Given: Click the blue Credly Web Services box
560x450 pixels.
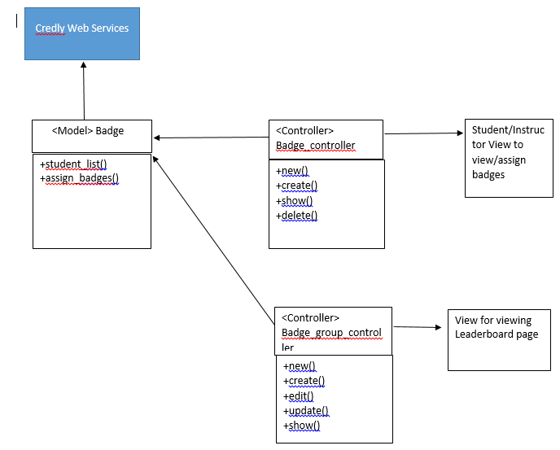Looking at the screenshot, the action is click(x=82, y=33).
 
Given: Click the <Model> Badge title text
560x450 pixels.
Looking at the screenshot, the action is click(x=88, y=131).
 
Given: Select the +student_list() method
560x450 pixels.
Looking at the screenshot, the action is click(x=73, y=164).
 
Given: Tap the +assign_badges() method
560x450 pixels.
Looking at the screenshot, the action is click(x=79, y=178).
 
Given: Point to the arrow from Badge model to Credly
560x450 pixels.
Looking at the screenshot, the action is click(x=84, y=90).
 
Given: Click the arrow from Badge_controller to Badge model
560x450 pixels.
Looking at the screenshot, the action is click(x=211, y=138).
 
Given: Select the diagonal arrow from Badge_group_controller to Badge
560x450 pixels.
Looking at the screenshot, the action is click(x=213, y=240).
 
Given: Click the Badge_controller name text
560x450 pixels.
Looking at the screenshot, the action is click(x=316, y=146).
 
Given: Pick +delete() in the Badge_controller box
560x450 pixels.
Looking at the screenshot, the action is click(x=296, y=216).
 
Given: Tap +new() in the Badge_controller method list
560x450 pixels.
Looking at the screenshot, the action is click(x=291, y=171).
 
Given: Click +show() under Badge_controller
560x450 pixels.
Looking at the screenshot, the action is click(x=295, y=201).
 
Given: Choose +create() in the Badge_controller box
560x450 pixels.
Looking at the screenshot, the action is click(x=296, y=186).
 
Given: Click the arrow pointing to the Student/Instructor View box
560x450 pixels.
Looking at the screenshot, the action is click(x=424, y=133).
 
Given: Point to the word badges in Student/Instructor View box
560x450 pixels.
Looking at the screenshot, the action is click(x=488, y=175).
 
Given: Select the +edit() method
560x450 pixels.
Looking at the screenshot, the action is click(x=298, y=395).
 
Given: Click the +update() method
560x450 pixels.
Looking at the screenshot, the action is click(x=306, y=411).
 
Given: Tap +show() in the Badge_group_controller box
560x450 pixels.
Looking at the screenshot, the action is click(x=301, y=426).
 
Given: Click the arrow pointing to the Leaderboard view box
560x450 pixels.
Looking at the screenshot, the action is click(x=418, y=327).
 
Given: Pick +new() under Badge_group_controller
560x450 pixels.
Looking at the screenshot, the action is click(x=300, y=366).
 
